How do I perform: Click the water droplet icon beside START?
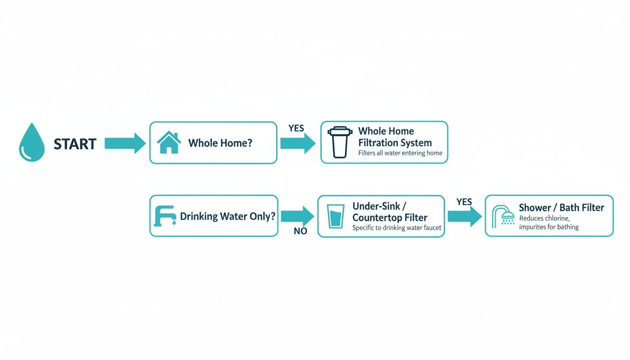point(31,142)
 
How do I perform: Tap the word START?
point(75,144)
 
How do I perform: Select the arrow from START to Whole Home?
point(125,143)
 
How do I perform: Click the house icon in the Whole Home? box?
point(169,142)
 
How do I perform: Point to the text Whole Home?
point(220,143)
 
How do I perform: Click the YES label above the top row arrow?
point(296,128)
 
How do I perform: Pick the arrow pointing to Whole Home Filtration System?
point(298,143)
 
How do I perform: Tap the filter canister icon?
point(340,142)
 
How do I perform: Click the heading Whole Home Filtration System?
point(395,137)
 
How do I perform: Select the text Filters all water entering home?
point(400,153)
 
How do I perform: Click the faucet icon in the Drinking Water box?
point(165,216)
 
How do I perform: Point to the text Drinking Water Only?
point(228,216)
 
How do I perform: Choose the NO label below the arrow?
point(300,231)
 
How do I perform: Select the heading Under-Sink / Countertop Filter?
point(390,212)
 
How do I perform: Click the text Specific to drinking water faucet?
point(397,228)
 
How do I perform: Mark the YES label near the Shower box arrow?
point(464,202)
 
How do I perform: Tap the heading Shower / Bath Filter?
point(561,208)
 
